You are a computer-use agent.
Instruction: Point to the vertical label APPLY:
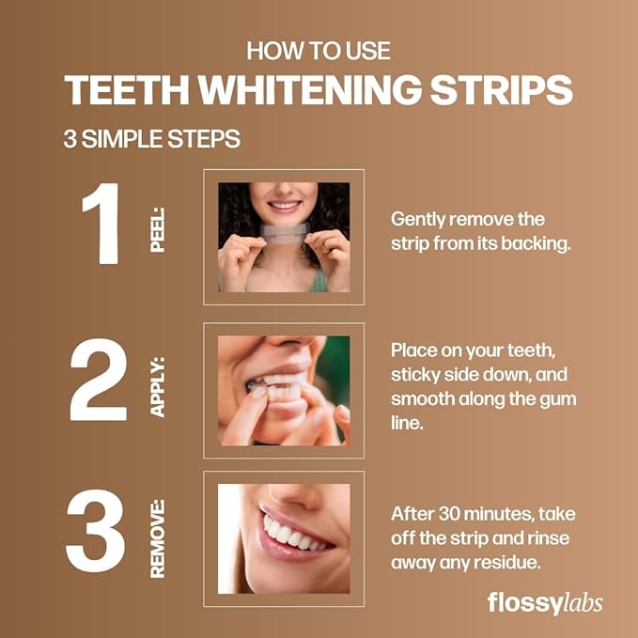(157, 385)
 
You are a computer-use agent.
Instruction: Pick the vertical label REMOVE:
(157, 537)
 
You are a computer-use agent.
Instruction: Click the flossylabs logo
(544, 602)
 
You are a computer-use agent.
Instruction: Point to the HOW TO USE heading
(319, 51)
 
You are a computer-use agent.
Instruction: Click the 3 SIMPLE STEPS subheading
(151, 139)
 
